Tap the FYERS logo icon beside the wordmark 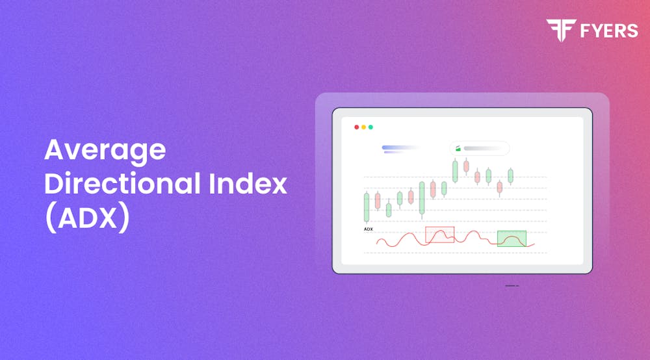(557, 30)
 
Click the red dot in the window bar (356, 127)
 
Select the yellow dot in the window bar (363, 127)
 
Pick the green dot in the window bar (370, 127)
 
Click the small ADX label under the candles (368, 229)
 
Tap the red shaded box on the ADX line (439, 235)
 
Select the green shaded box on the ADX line (512, 238)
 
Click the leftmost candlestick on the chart (367, 207)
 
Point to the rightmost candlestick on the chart (511, 175)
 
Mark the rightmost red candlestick (499, 188)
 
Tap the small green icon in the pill (458, 148)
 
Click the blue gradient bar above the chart (398, 148)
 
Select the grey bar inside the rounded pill (484, 148)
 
